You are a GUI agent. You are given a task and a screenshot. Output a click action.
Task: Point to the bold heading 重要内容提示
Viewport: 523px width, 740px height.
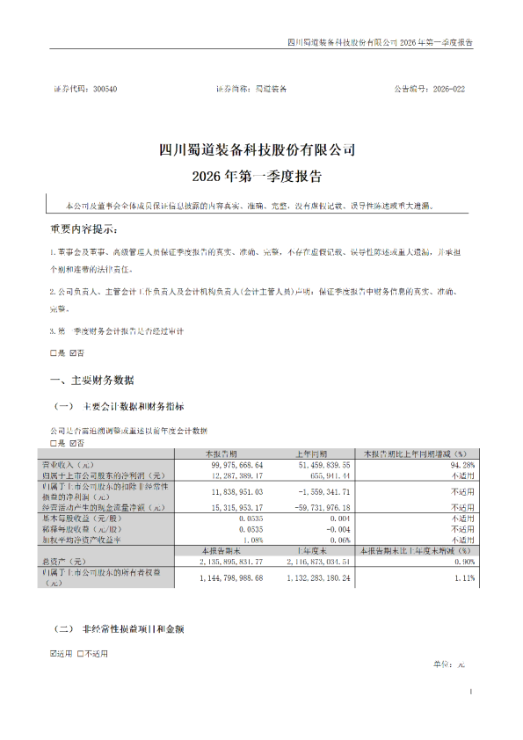[x=83, y=229]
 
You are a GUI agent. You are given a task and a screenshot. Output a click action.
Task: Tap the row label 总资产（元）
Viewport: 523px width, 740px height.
[x=74, y=560]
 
